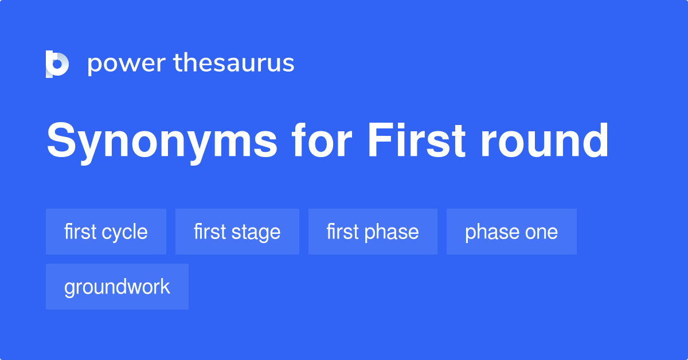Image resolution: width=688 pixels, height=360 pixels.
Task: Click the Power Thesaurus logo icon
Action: (57, 64)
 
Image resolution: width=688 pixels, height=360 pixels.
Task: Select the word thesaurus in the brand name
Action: (234, 64)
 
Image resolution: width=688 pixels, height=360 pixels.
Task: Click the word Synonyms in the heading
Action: (162, 141)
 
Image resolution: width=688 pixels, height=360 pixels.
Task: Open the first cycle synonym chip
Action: (106, 232)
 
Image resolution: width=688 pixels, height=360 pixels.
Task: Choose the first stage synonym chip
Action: (237, 232)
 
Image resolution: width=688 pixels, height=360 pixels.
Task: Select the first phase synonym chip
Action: (373, 232)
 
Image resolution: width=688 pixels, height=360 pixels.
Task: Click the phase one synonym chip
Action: (511, 232)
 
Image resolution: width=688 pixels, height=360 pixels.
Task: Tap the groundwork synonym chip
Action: (117, 287)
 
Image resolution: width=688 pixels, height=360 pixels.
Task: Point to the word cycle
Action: (124, 232)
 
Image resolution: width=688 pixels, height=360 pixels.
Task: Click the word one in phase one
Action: (542, 232)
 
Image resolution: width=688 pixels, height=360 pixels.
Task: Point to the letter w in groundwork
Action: (137, 287)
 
